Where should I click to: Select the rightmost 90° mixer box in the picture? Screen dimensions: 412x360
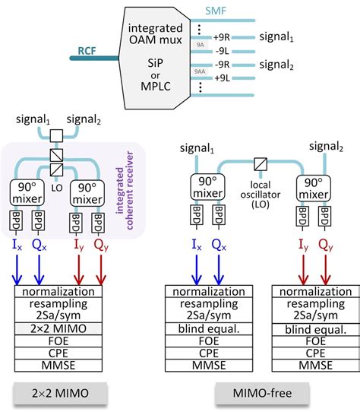point(312,187)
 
